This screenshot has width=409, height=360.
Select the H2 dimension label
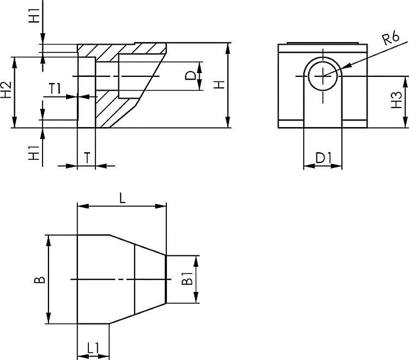[x=6, y=91]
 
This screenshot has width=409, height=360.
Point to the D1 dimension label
[x=323, y=158]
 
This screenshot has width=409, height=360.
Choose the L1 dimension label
[x=93, y=347]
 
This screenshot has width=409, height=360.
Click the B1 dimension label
[x=187, y=280]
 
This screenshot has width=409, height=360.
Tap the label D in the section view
[x=190, y=76]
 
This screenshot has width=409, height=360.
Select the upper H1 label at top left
[x=35, y=16]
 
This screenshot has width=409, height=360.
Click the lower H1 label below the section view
[x=35, y=153]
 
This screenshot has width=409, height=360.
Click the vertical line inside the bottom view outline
[x=135, y=280]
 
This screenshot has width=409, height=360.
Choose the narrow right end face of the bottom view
[x=166, y=280]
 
